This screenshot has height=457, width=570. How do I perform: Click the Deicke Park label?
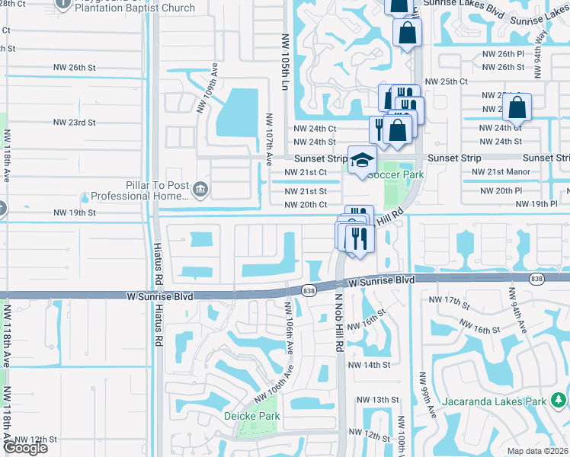pos(251,416)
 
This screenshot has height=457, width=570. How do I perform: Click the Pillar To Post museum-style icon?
pos(200,188)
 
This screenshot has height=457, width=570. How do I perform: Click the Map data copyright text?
pos(538,451)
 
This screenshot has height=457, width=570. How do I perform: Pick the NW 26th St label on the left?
pos(74,67)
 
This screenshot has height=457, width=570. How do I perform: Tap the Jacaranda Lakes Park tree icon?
pos(559,399)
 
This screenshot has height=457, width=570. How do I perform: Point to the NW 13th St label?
pos(373,400)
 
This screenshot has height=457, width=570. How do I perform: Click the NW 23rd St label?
pos(74,122)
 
